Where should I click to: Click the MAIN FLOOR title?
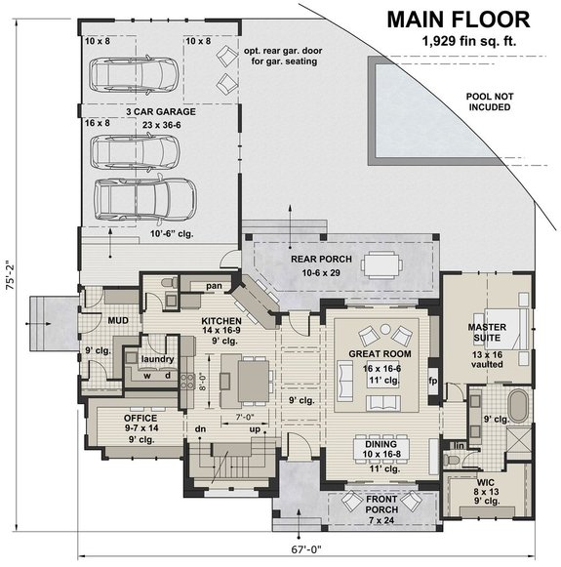click(458, 19)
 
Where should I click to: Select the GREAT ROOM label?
click(379, 353)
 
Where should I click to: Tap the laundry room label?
click(156, 343)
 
